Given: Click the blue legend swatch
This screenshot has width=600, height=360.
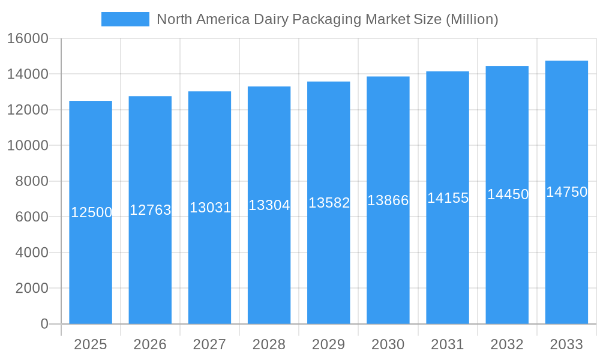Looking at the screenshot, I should click(x=125, y=19).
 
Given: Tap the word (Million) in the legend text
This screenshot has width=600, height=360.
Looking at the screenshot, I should click(x=472, y=19).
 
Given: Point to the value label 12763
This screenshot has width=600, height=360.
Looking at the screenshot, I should click(x=151, y=210).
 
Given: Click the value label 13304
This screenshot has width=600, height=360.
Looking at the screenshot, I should click(x=269, y=205).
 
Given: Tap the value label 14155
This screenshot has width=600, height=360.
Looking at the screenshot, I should click(x=448, y=198).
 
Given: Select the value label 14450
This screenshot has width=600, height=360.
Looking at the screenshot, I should click(x=508, y=194).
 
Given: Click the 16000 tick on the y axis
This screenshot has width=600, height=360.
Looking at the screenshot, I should click(x=27, y=38).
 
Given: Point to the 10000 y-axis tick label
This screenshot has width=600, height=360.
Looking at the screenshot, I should click(x=27, y=146).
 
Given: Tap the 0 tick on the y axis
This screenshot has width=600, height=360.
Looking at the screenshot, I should click(x=44, y=324).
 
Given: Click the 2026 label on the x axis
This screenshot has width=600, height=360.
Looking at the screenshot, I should click(x=150, y=344).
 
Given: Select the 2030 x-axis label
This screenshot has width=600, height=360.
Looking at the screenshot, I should click(x=388, y=344).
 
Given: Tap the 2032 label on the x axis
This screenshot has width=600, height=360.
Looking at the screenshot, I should click(x=507, y=344).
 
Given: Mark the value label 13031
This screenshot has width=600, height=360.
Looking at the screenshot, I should click(x=210, y=208).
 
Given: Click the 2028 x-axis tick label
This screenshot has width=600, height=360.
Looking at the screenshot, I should click(x=269, y=344).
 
